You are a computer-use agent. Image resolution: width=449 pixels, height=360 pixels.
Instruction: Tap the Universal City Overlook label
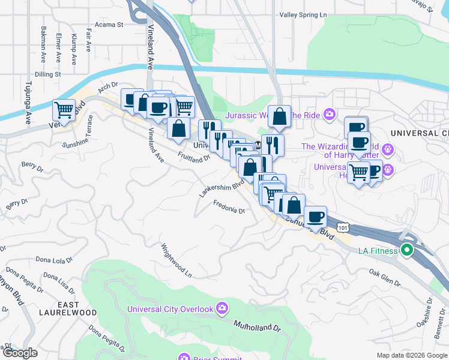(170, 309)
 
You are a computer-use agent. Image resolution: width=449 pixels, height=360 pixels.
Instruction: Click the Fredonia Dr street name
(229, 207)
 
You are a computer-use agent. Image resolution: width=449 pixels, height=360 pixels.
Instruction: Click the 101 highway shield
(342, 227)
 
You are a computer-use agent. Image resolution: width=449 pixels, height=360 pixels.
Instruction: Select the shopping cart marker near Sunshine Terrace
(64, 110)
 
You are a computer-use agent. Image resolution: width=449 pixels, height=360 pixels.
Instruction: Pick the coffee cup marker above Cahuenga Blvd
(315, 216)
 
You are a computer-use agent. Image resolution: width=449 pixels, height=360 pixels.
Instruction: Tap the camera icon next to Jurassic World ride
(329, 114)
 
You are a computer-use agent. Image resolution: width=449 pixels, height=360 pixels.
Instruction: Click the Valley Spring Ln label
(307, 15)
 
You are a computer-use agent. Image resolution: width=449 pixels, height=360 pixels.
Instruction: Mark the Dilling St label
(48, 74)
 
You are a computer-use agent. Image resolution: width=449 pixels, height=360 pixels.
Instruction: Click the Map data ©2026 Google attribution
(411, 355)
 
